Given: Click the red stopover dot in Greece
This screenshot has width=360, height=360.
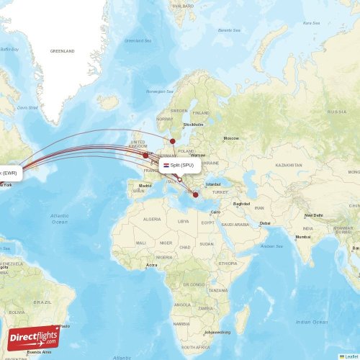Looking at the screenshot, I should [196, 194].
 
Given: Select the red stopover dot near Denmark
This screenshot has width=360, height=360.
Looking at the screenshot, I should [173, 141].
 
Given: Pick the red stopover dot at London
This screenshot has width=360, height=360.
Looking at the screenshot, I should [145, 155].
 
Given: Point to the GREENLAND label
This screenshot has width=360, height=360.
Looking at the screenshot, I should [62, 52].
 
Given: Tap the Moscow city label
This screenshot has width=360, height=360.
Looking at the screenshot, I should [230, 138].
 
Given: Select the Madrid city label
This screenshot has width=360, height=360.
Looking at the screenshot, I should [145, 186].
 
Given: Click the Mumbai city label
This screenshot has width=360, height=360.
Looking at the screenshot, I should [302, 236].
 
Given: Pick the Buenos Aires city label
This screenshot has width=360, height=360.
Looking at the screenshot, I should [39, 352].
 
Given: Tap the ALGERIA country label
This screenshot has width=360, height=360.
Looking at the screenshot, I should [153, 219].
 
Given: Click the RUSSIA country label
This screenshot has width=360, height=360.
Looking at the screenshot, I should [336, 112].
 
